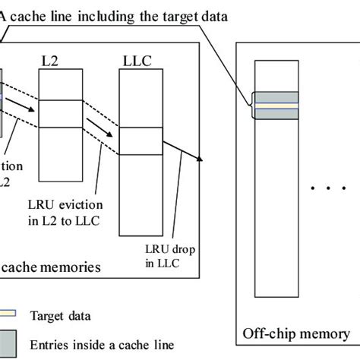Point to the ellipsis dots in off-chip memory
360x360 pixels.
(326, 187)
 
